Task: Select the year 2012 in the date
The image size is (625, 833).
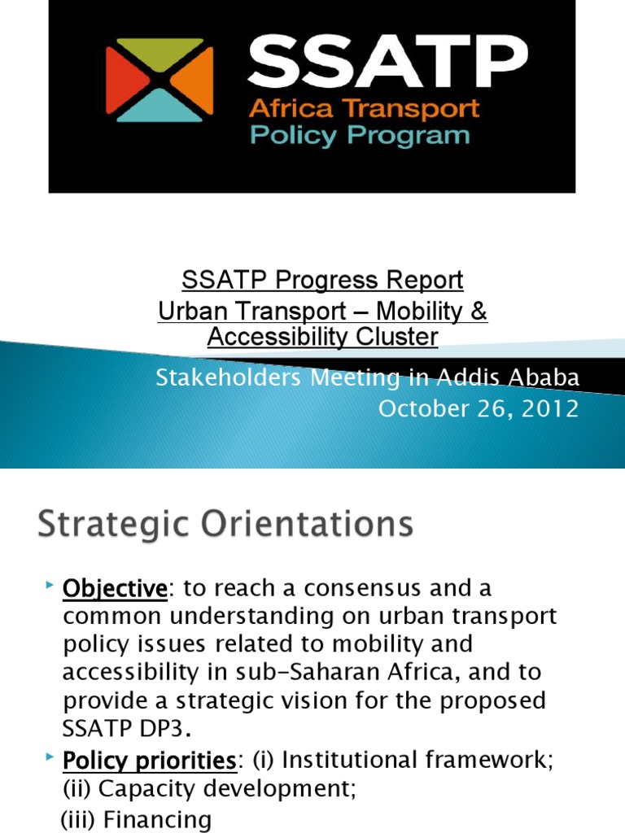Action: (x=550, y=408)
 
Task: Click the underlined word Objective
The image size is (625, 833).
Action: (x=115, y=587)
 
